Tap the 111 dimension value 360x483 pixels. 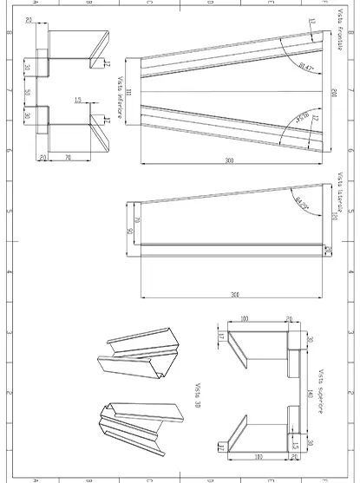coord(128,92)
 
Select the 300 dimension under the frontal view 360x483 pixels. coord(229,161)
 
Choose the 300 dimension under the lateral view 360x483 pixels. coord(235,295)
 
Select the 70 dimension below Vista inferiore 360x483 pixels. coord(67,157)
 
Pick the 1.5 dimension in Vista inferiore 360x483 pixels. coord(78,101)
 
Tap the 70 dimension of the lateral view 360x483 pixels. coord(137,207)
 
